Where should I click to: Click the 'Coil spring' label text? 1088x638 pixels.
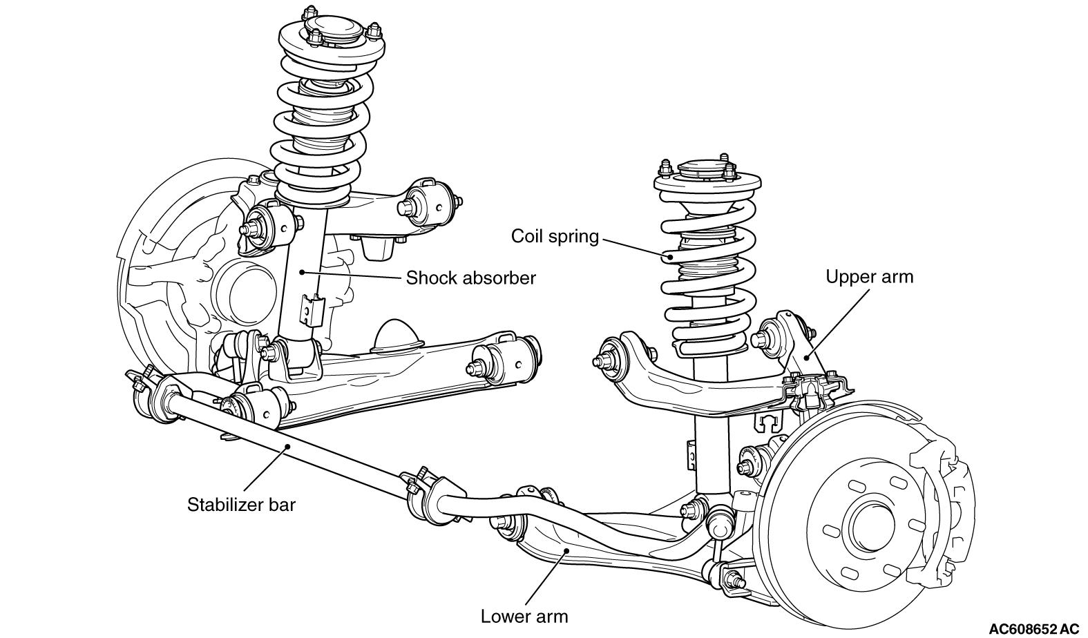(x=555, y=236)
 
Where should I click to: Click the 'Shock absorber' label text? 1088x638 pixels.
(x=470, y=278)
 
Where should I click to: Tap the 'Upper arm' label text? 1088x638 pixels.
(x=869, y=277)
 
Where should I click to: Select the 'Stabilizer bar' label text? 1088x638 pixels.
(x=241, y=505)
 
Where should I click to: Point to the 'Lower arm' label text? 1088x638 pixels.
(x=524, y=616)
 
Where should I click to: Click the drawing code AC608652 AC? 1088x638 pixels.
(x=1033, y=628)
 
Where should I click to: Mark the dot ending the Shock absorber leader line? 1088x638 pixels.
(x=303, y=272)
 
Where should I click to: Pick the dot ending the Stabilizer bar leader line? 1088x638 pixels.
(x=287, y=447)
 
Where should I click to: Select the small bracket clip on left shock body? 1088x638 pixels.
(x=312, y=309)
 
